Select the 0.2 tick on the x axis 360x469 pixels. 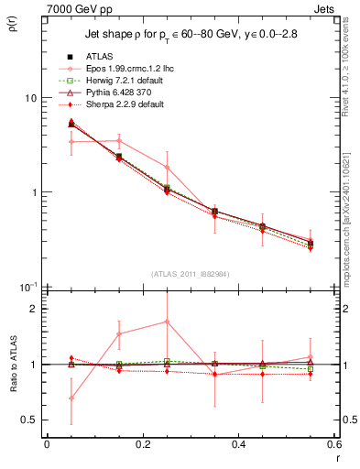[x=142, y=445]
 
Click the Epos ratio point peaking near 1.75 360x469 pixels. [x=167, y=322]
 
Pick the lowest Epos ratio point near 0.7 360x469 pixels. [x=71, y=398]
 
